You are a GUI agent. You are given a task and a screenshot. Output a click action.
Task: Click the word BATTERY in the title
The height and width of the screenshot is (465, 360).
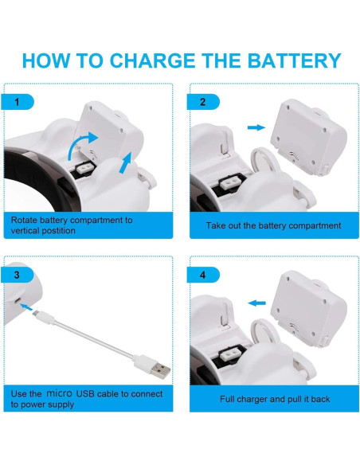coord(294,61)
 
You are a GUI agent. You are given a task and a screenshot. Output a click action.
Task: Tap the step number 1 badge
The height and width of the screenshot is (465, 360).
coord(18,102)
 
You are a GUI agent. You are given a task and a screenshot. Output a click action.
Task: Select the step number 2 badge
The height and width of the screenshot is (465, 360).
coord(203,102)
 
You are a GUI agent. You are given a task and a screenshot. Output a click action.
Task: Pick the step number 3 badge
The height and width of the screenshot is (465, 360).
coord(18,275)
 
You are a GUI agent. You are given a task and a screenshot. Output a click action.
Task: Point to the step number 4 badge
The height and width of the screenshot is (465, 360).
coord(203,275)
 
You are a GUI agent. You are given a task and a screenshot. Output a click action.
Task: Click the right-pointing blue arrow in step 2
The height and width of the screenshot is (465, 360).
coord(256,127)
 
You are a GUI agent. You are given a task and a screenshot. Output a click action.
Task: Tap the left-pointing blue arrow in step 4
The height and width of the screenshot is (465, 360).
coord(256,303)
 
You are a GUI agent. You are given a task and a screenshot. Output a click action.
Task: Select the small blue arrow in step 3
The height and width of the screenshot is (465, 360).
coord(27,307)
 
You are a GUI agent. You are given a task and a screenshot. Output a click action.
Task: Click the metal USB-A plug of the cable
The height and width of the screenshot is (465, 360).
coord(160,370)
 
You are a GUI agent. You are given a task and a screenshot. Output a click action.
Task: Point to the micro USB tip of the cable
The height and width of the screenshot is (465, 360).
coord(35,313)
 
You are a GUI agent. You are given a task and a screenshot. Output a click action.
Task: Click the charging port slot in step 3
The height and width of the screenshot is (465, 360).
coord(18,301)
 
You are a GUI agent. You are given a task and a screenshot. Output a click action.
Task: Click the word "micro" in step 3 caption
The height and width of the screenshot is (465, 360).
coord(59,393)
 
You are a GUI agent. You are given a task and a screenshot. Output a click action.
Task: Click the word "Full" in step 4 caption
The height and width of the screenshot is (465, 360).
coord(227,399)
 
